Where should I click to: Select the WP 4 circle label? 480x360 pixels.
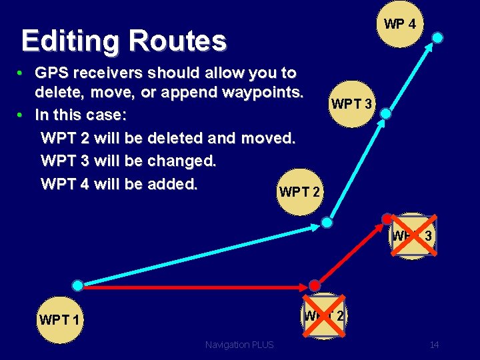click(x=400, y=25)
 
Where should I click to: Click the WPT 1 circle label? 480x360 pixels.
click(x=59, y=320)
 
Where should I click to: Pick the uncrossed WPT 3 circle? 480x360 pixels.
click(x=353, y=104)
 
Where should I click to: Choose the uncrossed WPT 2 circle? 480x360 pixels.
click(x=299, y=193)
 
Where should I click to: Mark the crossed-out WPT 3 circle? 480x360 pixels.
click(x=412, y=236)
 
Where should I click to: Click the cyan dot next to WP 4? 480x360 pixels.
click(x=437, y=37)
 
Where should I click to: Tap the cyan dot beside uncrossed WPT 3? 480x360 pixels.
click(x=385, y=114)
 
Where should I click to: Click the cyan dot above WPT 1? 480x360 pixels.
click(x=78, y=285)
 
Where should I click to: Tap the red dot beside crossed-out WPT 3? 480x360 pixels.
click(x=386, y=218)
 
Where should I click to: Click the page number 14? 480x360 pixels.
click(x=434, y=345)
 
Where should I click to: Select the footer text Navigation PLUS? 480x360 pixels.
click(x=239, y=345)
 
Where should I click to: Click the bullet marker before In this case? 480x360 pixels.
click(x=21, y=115)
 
